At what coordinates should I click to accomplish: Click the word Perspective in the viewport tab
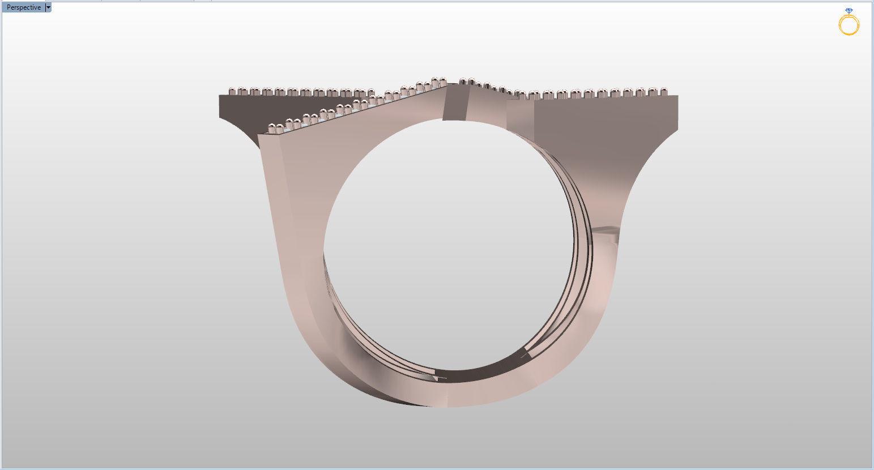pyautogui.click(x=23, y=7)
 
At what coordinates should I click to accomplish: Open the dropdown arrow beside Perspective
pyautogui.click(x=48, y=7)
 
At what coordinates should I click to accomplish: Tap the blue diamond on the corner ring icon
pyautogui.click(x=849, y=11)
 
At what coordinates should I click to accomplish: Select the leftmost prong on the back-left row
pyautogui.click(x=232, y=91)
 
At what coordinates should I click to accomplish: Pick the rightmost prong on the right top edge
pyautogui.click(x=664, y=91)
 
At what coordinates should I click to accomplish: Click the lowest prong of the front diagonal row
pyautogui.click(x=272, y=127)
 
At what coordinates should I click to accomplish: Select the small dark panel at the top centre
pyautogui.click(x=455, y=103)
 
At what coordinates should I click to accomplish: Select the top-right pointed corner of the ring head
pyautogui.click(x=677, y=97)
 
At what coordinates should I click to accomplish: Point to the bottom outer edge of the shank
pyautogui.click(x=447, y=405)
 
